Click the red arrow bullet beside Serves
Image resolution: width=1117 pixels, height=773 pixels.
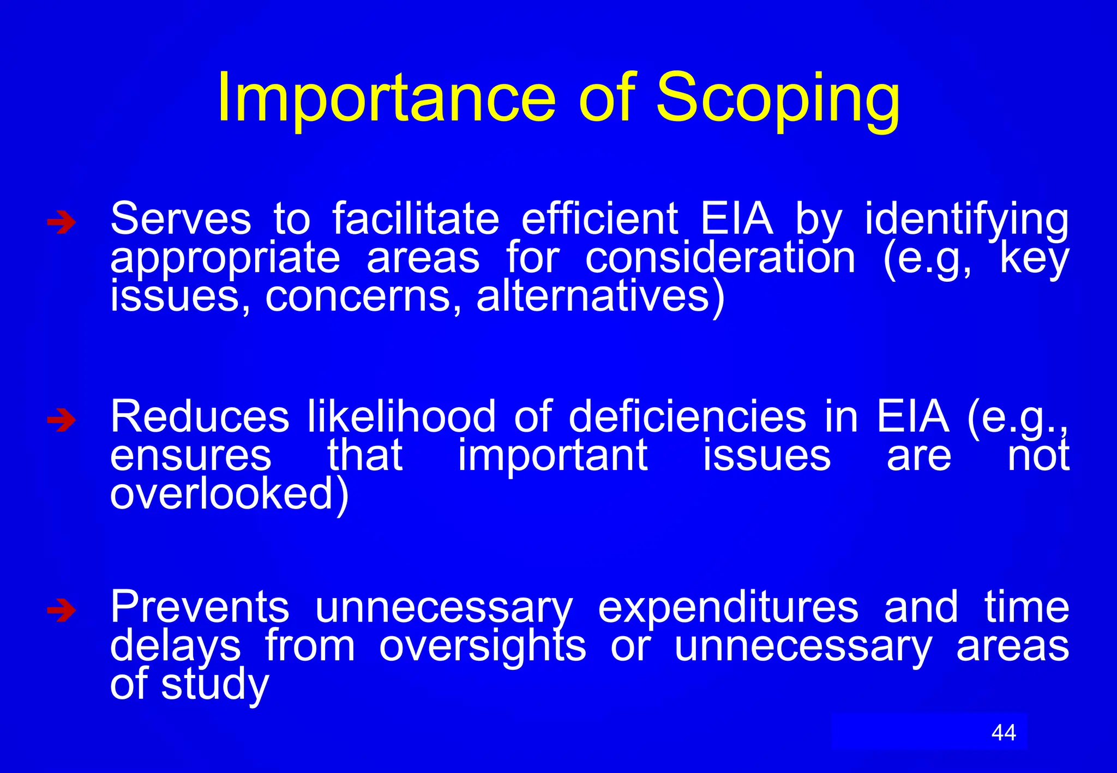61,222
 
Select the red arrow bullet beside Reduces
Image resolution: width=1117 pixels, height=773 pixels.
61,420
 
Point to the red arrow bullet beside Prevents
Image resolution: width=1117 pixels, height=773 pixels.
61,611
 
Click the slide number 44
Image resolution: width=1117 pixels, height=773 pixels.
1004,733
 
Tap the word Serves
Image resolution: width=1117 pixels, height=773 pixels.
181,219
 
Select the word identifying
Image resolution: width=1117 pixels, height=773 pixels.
966,220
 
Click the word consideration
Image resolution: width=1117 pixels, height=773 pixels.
720,258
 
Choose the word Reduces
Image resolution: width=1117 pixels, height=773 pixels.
200,417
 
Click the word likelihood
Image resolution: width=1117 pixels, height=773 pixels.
401,417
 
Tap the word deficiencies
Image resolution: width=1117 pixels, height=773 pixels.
687,417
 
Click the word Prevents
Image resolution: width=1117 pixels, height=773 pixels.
200,607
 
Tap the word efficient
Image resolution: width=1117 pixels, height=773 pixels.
600,219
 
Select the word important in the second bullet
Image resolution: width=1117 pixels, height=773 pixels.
553,456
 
